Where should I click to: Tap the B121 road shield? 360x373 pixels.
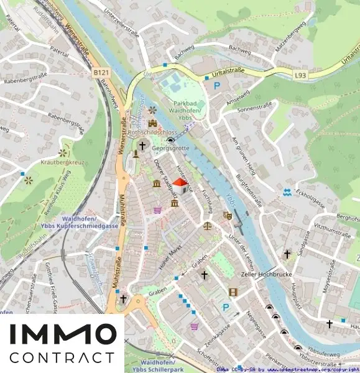tap(101, 73)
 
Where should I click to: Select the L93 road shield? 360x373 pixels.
tap(301, 75)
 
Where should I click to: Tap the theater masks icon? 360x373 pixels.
tap(228, 215)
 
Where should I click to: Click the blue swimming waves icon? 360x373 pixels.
tap(286, 191)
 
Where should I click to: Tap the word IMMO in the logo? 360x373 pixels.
tap(62, 335)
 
